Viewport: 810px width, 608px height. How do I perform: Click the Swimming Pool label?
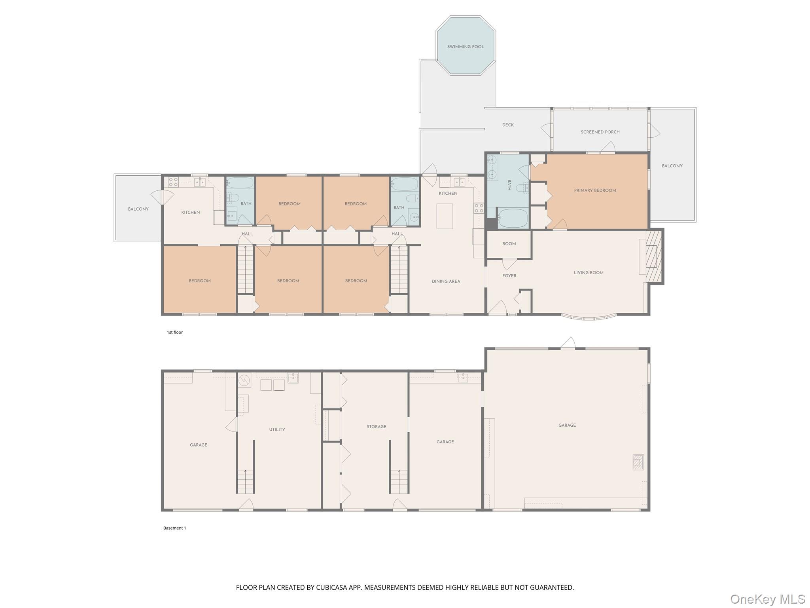pos(466,47)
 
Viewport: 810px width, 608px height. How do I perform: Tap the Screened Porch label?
pos(600,132)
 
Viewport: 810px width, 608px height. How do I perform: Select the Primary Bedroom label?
pos(595,190)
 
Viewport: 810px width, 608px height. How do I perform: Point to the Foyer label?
pos(509,276)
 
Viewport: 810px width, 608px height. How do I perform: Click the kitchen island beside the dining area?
pos(445,216)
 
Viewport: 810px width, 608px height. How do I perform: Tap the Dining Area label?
pos(446,281)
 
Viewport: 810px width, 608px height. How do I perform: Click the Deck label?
pos(508,125)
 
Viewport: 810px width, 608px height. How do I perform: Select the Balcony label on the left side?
pos(138,209)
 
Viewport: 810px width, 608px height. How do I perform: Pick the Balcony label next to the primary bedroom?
pos(672,166)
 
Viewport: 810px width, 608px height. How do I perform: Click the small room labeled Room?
pos(509,244)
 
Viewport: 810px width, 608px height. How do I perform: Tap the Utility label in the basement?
pos(277,429)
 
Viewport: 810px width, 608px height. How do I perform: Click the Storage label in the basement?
pos(376,427)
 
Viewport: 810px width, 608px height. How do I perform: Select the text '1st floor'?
pos(174,332)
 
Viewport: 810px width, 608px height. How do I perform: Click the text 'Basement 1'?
pos(174,528)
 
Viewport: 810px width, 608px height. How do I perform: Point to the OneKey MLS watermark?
pos(767,599)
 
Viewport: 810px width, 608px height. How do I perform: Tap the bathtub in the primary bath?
pos(513,218)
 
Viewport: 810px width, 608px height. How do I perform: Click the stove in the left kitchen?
pos(173,182)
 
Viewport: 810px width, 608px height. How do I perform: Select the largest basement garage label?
pos(567,426)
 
